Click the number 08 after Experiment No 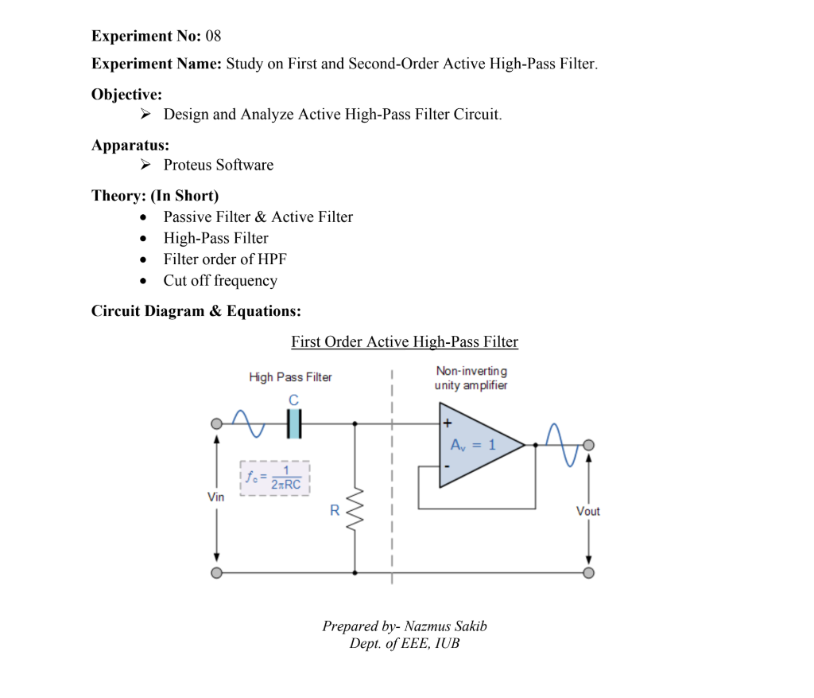click(213, 36)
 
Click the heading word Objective click(126, 94)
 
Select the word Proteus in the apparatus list click(188, 165)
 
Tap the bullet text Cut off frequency click(220, 280)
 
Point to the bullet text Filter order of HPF click(225, 259)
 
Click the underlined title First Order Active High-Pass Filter click(404, 341)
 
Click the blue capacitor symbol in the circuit click(295, 424)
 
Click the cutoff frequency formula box click(274, 478)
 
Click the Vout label click(588, 511)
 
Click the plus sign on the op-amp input click(448, 423)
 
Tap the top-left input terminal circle click(216, 424)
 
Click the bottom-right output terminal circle click(588, 572)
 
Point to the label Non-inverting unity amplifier click(471, 378)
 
